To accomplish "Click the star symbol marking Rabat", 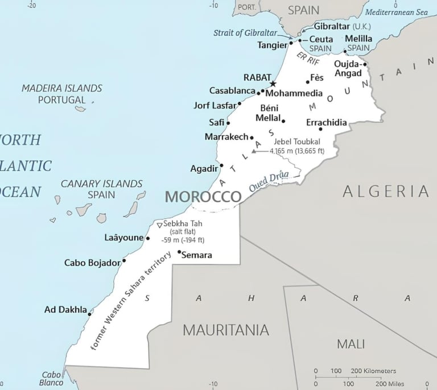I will (x=273, y=84).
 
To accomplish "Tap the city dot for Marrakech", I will (x=252, y=137).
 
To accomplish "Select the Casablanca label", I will (x=232, y=91).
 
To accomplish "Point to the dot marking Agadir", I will (x=221, y=166).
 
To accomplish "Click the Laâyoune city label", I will (x=124, y=238).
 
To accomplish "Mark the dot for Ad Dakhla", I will (x=89, y=314).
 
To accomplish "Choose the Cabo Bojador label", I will (x=92, y=263).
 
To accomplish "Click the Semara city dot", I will (x=179, y=252).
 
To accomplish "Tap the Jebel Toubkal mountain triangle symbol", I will (x=254, y=152).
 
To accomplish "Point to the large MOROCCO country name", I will (x=203, y=197).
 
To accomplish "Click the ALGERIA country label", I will (x=386, y=192).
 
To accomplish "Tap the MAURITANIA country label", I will (x=225, y=330).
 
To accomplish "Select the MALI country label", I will (x=351, y=344).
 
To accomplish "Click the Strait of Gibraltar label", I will (x=245, y=33).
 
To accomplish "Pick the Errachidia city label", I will (x=326, y=123).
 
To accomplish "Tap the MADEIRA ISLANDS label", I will (x=61, y=88).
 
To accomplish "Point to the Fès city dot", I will (x=308, y=82).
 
